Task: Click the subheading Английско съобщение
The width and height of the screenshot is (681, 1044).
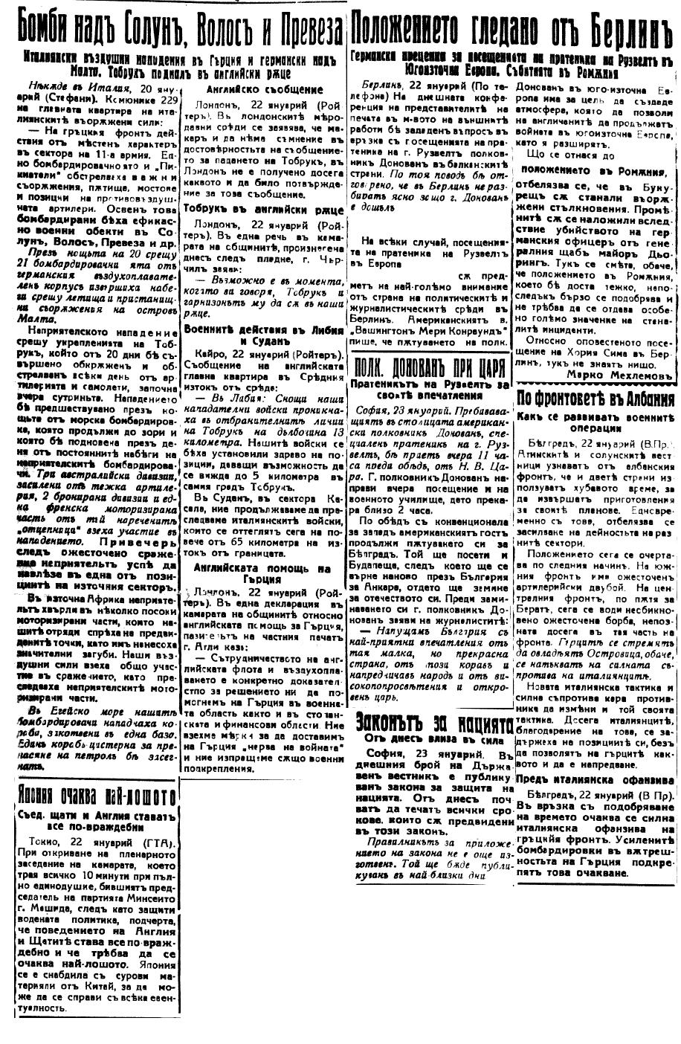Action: pyautogui.click(x=264, y=88)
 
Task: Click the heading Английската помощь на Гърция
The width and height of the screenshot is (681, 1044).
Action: pyautogui.click(x=264, y=573)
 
